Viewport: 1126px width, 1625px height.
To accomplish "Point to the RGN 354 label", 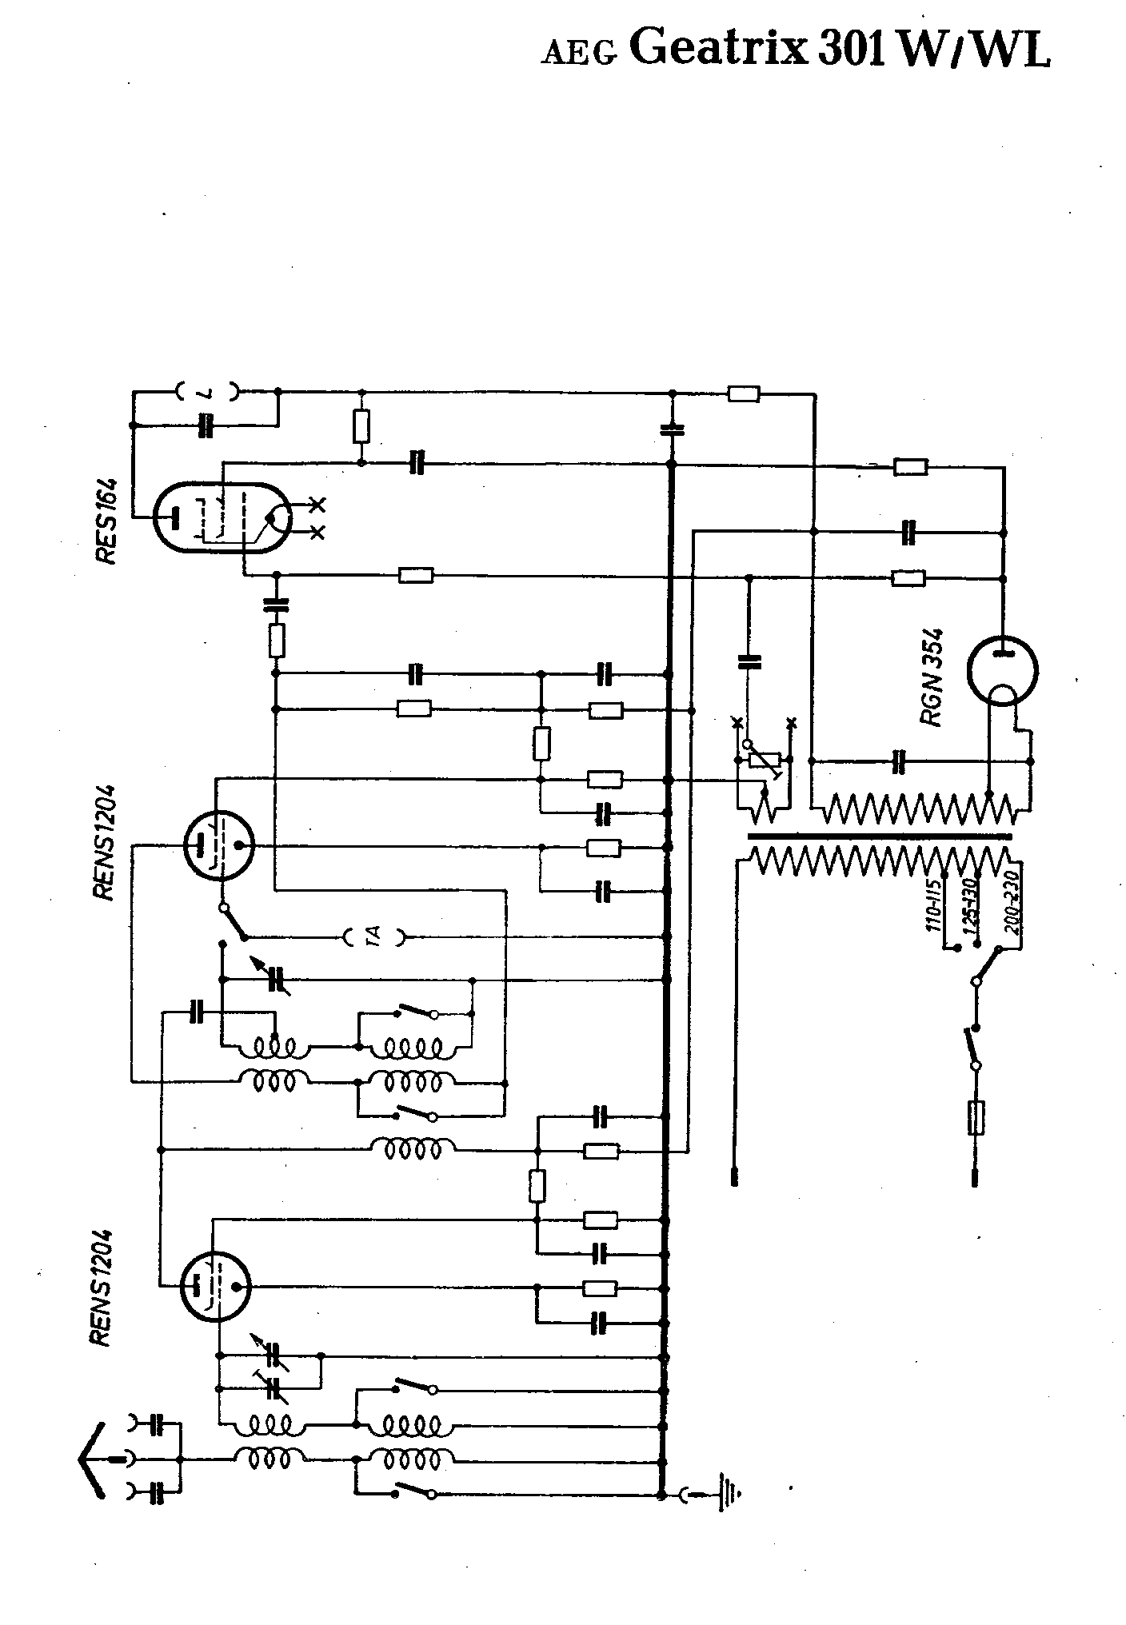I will [x=933, y=677].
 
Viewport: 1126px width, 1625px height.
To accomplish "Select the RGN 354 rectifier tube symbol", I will [x=1002, y=671].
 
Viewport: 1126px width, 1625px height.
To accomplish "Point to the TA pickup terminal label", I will [x=374, y=936].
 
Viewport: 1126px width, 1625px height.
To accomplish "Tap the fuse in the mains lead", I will [x=975, y=1117].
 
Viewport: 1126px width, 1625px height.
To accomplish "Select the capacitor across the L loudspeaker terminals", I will [x=206, y=425].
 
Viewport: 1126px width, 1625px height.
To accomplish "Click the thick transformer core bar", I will [x=878, y=836].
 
